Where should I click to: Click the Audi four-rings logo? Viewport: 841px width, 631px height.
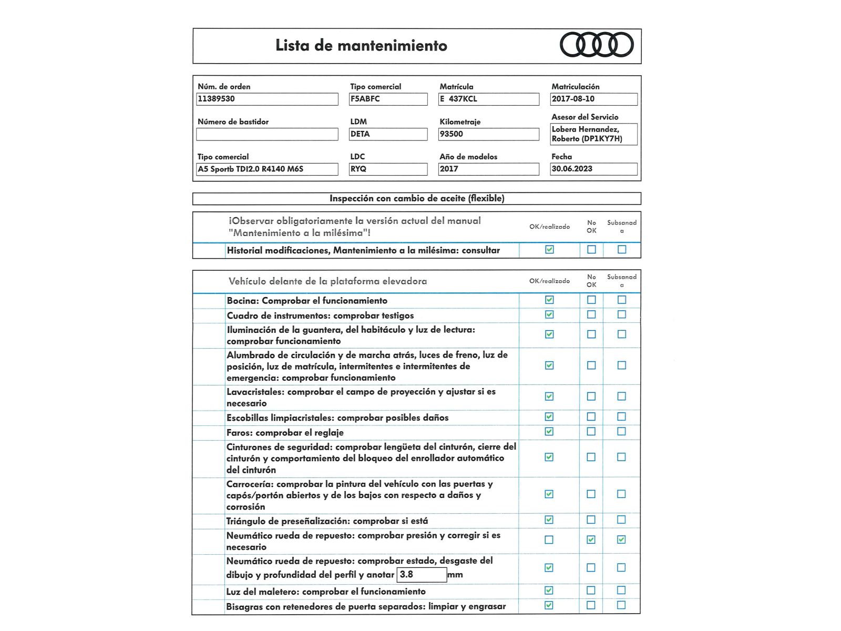point(597,45)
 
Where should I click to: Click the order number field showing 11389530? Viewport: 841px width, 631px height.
point(267,99)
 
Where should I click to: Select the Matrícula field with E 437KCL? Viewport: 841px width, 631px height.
point(488,99)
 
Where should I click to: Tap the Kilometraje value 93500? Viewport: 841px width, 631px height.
point(488,134)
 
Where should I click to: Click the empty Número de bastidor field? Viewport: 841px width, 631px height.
point(267,134)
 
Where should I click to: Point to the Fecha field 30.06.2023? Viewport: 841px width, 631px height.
point(593,169)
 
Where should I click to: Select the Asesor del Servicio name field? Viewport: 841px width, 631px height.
point(593,134)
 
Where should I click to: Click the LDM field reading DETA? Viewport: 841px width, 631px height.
point(388,134)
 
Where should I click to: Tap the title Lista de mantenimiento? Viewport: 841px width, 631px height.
point(361,46)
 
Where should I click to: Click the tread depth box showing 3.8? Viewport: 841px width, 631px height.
point(422,575)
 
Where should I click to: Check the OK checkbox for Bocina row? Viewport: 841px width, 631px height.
point(549,300)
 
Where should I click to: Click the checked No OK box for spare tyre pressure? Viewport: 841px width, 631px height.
point(591,540)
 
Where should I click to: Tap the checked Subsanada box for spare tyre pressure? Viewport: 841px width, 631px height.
point(621,540)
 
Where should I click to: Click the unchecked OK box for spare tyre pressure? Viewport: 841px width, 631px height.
point(549,540)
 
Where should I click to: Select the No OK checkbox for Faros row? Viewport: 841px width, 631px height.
point(591,432)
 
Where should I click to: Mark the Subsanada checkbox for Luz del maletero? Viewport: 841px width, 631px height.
point(621,591)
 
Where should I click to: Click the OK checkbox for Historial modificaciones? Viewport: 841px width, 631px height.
point(549,250)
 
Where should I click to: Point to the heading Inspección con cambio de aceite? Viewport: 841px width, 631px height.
point(417,198)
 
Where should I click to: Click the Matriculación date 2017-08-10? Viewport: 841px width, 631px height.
point(593,99)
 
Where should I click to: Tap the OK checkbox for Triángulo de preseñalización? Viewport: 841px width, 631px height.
point(549,520)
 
